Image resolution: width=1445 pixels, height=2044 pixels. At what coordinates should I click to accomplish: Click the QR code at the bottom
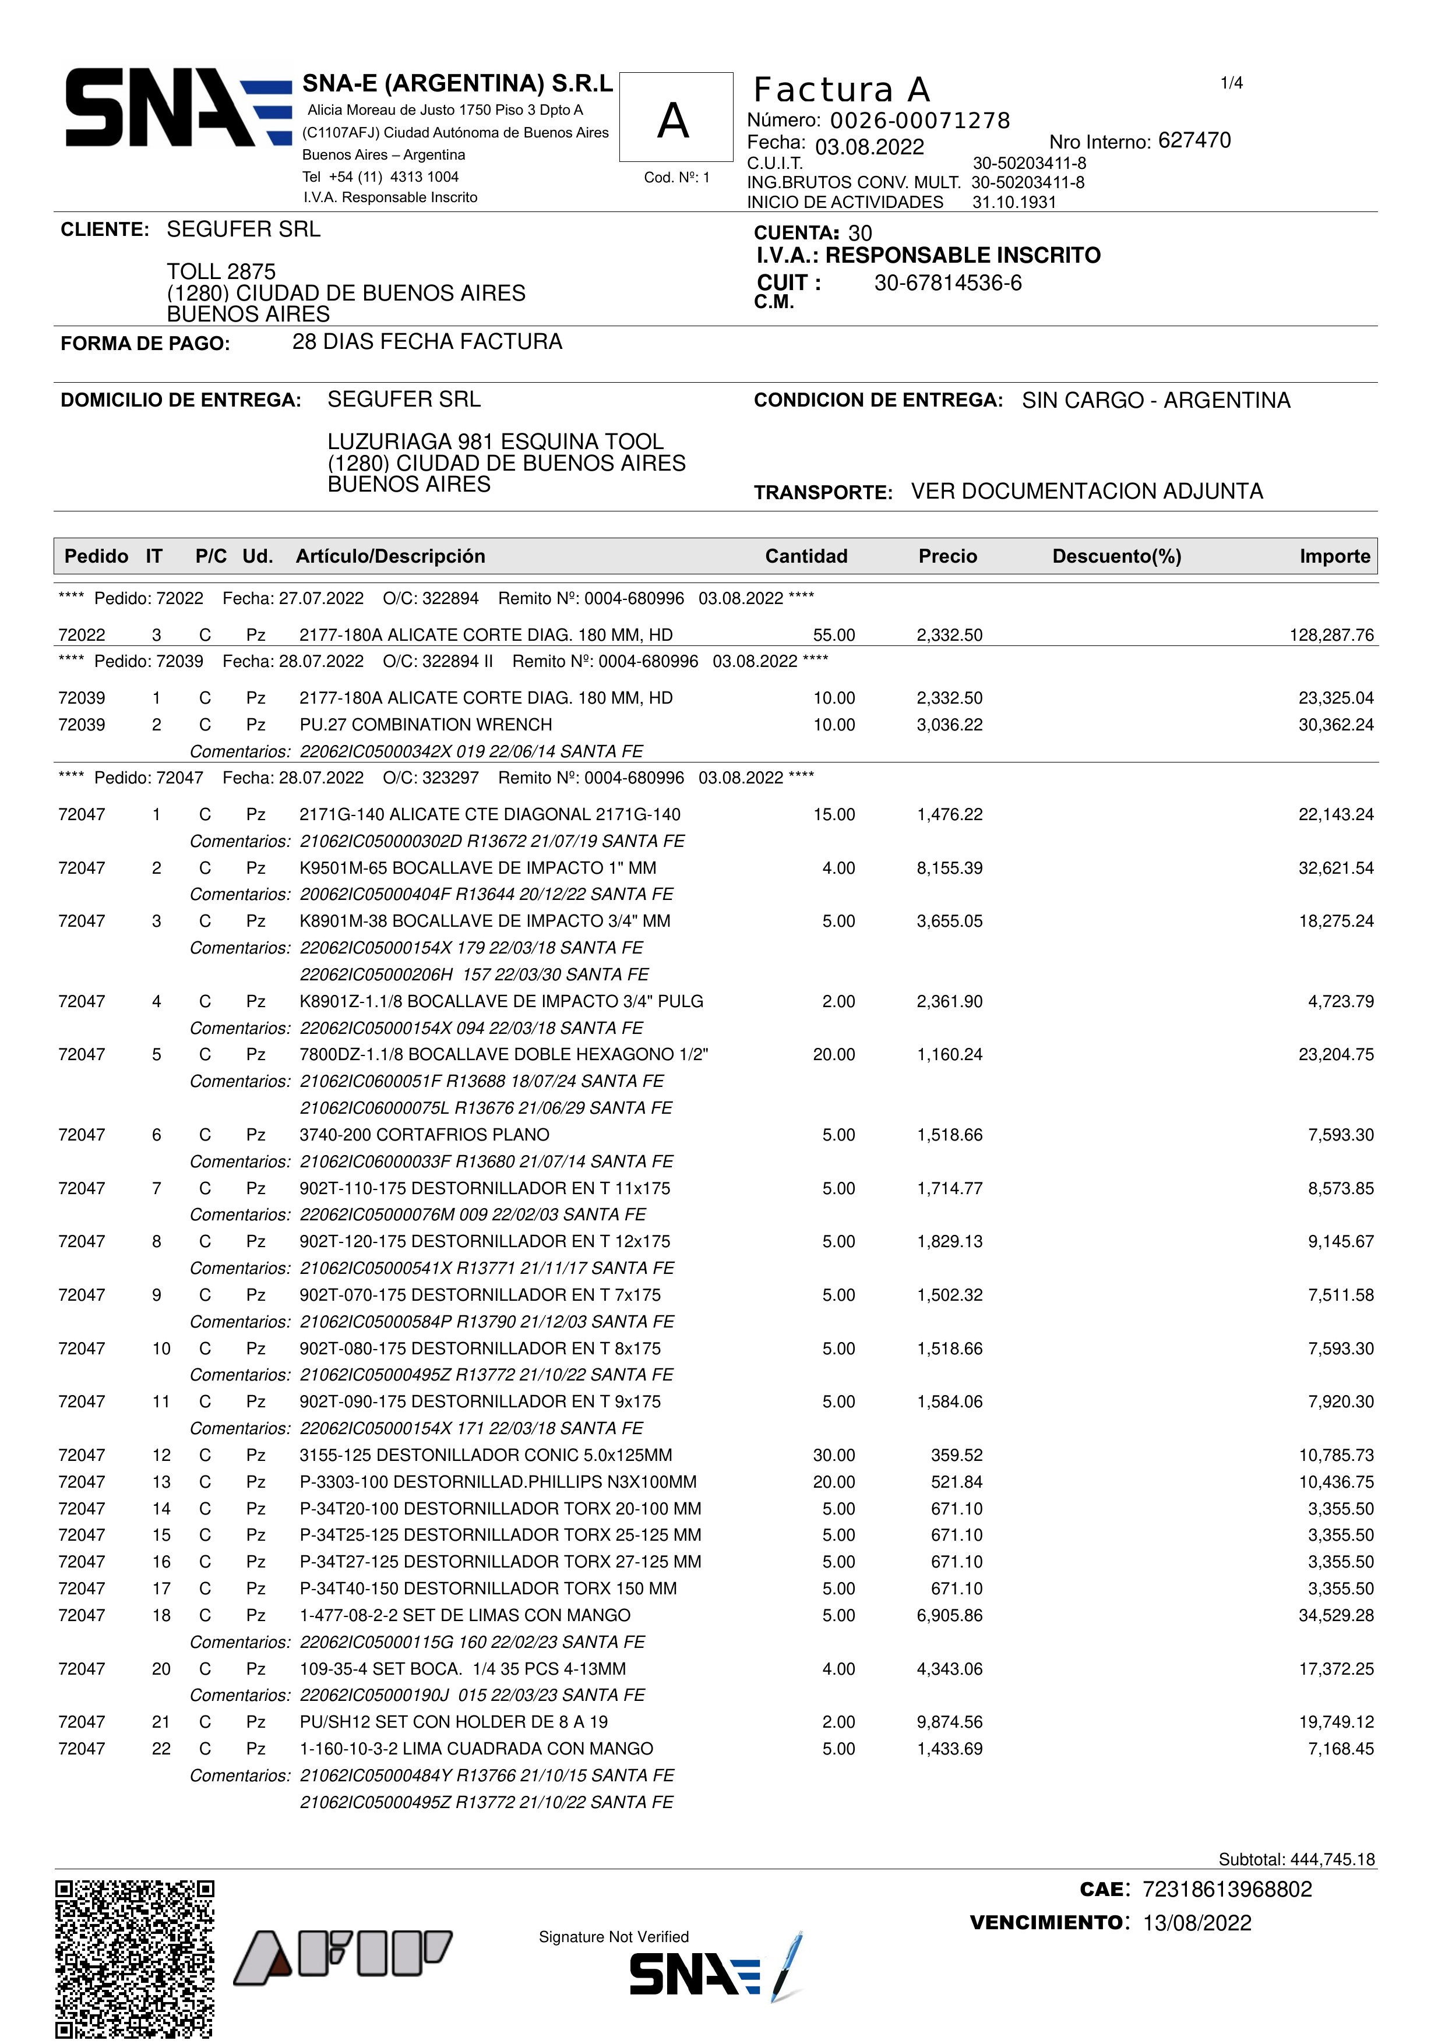pos(135,1958)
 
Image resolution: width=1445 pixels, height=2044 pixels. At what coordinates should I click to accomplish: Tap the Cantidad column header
pos(806,556)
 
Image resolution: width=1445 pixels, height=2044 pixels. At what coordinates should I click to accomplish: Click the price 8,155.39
pos(949,868)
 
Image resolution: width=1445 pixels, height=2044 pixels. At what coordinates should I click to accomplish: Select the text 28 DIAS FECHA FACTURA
pos(427,342)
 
